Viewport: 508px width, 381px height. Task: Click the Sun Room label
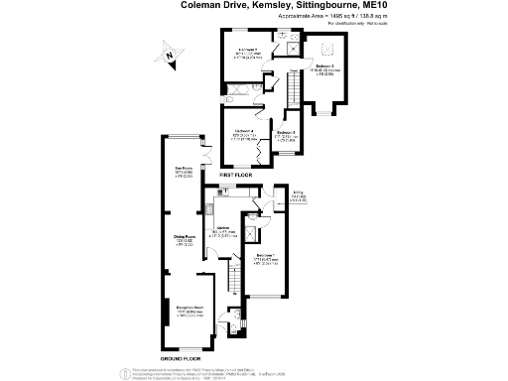pyautogui.click(x=184, y=169)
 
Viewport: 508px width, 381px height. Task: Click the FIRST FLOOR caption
pyautogui.click(x=234, y=175)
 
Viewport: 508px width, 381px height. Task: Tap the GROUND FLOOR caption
pyautogui.click(x=183, y=356)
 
